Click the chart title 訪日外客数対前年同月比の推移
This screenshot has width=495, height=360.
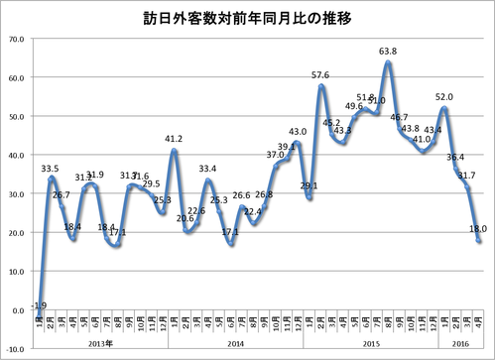[247, 18]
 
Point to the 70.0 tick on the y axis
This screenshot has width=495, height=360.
[16, 39]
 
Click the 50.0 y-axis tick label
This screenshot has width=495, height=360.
[16, 116]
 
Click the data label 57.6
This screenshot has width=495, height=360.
[320, 74]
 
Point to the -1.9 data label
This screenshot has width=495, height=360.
[40, 302]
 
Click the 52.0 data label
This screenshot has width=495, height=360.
[444, 96]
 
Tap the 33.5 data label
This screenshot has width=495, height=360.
[52, 168]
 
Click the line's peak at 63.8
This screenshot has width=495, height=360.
[387, 62]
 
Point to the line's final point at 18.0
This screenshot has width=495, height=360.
[478, 240]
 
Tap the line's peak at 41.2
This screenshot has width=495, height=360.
[175, 151]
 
